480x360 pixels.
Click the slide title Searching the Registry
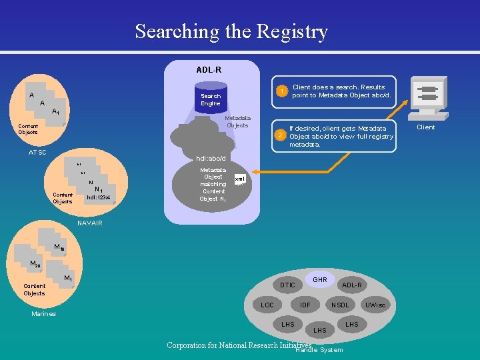point(231,31)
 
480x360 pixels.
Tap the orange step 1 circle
point(283,91)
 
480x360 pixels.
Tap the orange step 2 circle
point(281,136)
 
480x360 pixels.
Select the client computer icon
point(425,97)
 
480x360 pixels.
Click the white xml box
point(240,179)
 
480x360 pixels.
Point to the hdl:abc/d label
point(211,159)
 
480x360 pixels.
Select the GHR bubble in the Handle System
point(320,280)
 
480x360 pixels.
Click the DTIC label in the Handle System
point(287,285)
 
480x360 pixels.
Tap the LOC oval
point(267,305)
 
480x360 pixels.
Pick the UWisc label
point(375,305)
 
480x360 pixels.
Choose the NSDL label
point(340,305)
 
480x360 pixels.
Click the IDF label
point(305,305)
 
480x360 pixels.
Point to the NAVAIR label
point(90,223)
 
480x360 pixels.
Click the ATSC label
point(37,153)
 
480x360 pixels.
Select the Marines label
point(44,314)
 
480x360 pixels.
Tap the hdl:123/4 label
point(97,197)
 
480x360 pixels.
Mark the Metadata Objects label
point(237,121)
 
